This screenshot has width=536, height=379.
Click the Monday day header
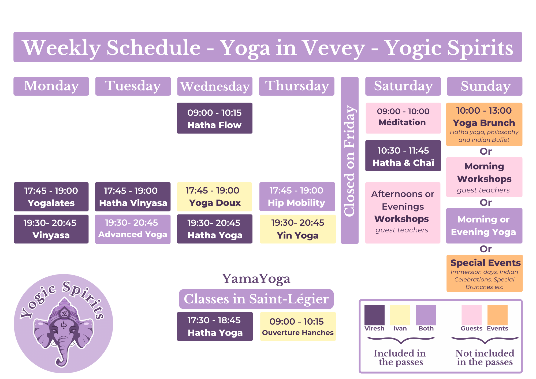[x=51, y=86]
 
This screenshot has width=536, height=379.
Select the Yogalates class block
[x=51, y=197]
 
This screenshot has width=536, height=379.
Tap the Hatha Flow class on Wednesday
[x=214, y=118]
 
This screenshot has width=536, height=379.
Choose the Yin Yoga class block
[x=297, y=229]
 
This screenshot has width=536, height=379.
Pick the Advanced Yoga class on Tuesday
[x=133, y=229]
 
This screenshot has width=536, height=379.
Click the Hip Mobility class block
[x=297, y=197]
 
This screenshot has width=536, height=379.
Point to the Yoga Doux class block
[x=214, y=197]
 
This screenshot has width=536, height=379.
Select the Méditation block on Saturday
[x=403, y=118]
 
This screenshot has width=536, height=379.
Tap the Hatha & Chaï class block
[x=403, y=156]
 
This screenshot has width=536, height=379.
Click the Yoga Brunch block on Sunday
[x=484, y=124]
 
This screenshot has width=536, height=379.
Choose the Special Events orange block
[x=484, y=273]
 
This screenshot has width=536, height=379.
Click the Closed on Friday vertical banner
[x=349, y=160]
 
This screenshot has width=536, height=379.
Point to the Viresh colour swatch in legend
[x=374, y=315]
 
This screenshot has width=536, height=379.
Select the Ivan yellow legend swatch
[x=400, y=315]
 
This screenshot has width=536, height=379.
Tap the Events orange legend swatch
[x=497, y=315]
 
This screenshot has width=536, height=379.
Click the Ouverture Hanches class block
[x=298, y=326]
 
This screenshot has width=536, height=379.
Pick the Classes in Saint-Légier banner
[x=256, y=299]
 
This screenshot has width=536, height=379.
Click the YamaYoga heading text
[x=256, y=279]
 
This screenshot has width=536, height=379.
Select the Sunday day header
[x=485, y=86]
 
